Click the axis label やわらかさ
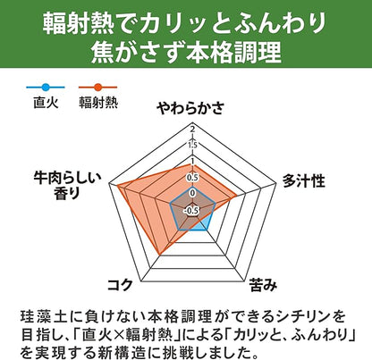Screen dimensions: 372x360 coord(190,108)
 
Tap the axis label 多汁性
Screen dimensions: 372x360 coord(304,180)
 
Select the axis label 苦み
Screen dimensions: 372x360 coord(263,285)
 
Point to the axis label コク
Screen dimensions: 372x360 coord(120,285)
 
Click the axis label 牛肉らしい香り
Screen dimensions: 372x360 coord(67,186)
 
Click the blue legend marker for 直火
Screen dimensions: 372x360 coord(46,88)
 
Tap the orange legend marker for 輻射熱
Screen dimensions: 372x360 coord(97,88)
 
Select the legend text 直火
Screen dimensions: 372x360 coord(46,103)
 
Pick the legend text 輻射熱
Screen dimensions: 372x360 coord(98,103)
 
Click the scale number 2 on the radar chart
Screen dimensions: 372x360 coord(193,130)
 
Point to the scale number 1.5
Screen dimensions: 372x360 coord(192,146)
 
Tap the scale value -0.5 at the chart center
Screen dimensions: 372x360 coord(191,211)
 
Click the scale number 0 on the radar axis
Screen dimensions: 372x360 coord(192,193)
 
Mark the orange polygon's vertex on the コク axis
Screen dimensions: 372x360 coord(160,255)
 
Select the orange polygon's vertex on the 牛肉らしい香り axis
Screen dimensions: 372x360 coord(117,186)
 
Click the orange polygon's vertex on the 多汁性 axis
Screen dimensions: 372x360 coord(237,196)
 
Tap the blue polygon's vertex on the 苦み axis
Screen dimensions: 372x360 coord(207,230)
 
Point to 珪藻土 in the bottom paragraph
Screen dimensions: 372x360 coord(42,316)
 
